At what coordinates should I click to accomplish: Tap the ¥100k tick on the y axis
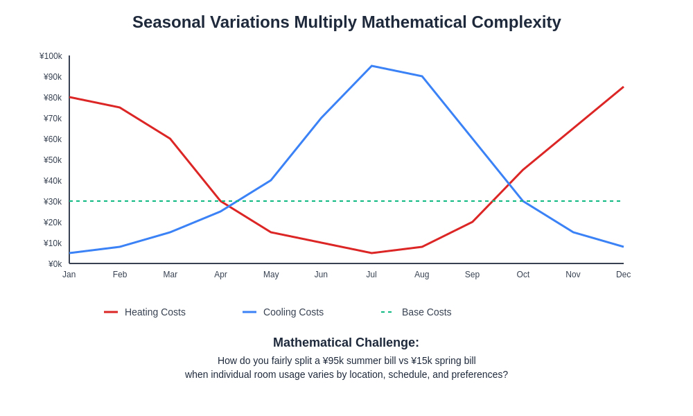coord(51,56)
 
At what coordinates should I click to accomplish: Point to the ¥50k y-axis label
coord(53,160)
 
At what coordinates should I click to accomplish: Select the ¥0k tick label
coord(55,264)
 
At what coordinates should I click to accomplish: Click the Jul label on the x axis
coord(371,275)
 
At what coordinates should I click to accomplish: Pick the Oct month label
coord(523,275)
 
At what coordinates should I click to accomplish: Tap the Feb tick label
coord(120,275)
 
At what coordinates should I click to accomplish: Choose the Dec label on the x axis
coord(623,275)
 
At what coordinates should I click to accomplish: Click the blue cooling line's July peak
coord(371,66)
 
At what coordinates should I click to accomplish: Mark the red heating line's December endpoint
coord(623,87)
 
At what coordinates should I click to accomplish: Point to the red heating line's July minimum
coord(371,253)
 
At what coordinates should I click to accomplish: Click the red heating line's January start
coord(70,97)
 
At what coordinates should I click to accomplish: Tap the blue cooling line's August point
coord(422,76)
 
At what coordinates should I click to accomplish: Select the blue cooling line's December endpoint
coord(623,247)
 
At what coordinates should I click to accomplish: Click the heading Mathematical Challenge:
coord(346,343)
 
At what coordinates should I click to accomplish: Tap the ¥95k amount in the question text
coord(335,361)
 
